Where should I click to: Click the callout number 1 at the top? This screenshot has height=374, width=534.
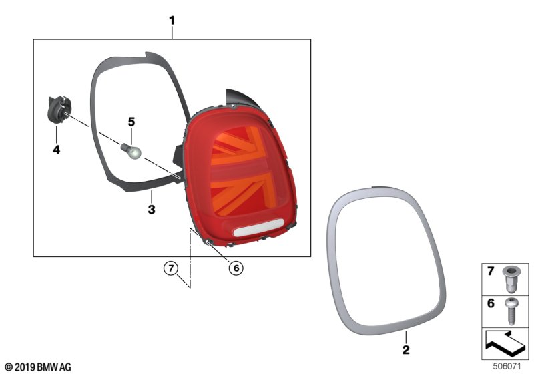172,21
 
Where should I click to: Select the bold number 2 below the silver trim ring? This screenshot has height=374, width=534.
406,349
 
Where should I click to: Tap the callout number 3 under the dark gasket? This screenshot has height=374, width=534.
152,209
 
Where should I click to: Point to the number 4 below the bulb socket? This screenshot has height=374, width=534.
57,149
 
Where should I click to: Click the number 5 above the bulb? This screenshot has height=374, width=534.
131,122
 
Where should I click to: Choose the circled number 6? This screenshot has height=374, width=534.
236,268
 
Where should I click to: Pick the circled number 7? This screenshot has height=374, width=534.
171,268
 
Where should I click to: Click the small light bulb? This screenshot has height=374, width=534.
131,151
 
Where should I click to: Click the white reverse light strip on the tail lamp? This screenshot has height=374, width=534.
258,228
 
